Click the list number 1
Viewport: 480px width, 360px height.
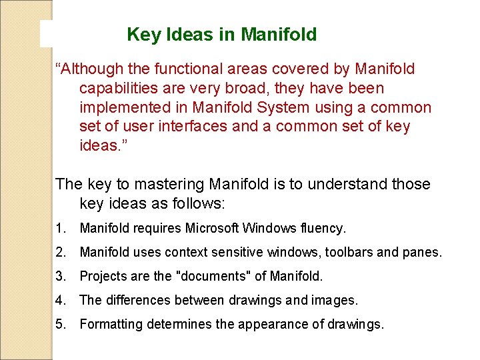tap(61, 229)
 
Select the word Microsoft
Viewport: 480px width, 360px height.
tap(204, 229)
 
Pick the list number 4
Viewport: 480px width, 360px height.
tap(61, 301)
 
